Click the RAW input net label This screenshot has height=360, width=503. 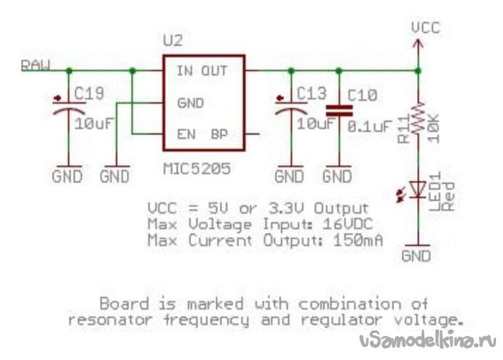click(x=36, y=65)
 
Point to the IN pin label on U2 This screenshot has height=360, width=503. click(x=185, y=70)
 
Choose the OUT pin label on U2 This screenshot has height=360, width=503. click(x=215, y=70)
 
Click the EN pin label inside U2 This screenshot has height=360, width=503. click(x=186, y=133)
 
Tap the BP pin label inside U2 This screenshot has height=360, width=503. click(x=219, y=133)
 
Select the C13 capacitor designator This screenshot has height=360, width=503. click(x=313, y=95)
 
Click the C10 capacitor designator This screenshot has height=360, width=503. click(x=363, y=95)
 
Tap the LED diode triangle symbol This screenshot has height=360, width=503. click(x=418, y=188)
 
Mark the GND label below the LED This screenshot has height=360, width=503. click(x=419, y=255)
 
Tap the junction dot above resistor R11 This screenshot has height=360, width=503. click(x=418, y=70)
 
